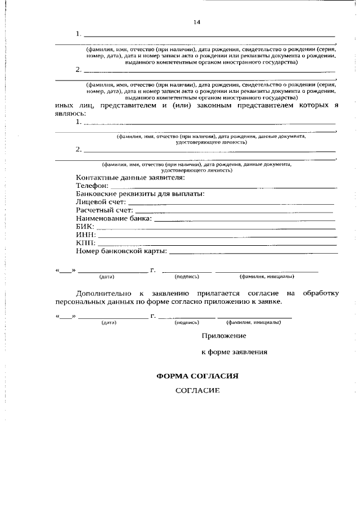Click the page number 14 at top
(x=197, y=22)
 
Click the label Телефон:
(x=92, y=185)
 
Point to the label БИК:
(x=85, y=227)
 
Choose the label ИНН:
(x=85, y=235)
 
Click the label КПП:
(x=85, y=243)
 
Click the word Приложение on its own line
(x=224, y=336)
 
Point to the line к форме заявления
(x=234, y=352)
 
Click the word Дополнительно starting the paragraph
(x=104, y=294)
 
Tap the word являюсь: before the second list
(x=71, y=112)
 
